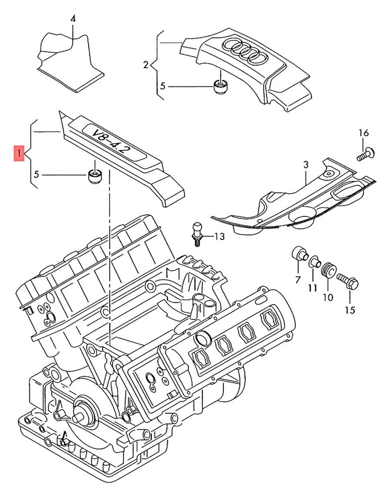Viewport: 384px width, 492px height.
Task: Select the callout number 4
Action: coord(72,18)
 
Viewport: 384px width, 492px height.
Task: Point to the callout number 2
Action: coord(145,65)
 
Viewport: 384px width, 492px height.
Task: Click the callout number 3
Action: coord(305,165)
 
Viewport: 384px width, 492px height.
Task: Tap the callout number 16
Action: coord(363,133)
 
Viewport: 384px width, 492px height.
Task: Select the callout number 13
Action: coord(219,236)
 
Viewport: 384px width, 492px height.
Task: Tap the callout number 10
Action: coord(328,296)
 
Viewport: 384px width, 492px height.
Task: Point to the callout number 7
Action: coord(297,279)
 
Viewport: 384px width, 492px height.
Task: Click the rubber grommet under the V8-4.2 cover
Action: coord(94,177)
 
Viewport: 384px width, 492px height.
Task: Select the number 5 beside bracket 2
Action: coord(163,86)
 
